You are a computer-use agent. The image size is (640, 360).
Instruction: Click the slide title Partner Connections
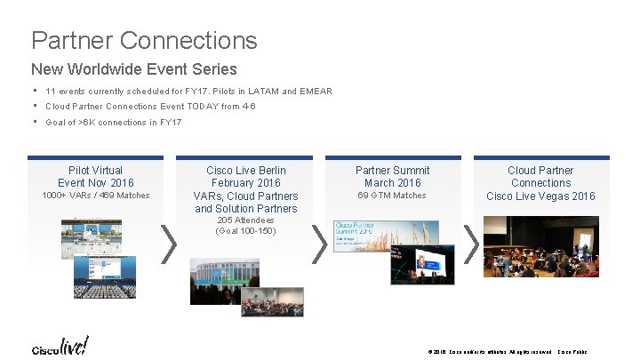coord(144,40)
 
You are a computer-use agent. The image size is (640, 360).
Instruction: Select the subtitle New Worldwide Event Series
coord(134,68)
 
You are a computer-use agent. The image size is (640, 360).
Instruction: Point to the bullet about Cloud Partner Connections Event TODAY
coord(150,106)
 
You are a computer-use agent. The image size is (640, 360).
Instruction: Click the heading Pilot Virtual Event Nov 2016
coord(96,176)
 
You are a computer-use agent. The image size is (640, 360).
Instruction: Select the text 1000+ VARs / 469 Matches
coord(96,196)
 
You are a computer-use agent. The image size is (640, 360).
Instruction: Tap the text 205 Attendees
coord(246,220)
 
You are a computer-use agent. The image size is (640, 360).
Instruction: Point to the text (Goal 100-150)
coord(246,231)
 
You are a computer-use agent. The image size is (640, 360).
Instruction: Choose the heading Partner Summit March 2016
coord(392,176)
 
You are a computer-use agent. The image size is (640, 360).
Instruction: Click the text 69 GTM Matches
coord(392,196)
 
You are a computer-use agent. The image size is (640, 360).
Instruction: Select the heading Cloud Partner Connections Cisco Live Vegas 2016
coord(540,182)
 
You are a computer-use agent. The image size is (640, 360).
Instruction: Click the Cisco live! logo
coord(60,346)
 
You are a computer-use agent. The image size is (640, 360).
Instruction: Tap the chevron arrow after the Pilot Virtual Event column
coord(167,243)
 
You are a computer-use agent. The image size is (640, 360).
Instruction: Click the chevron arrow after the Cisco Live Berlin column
coord(318,243)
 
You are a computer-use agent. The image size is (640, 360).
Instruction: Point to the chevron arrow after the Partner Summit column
coord(471,243)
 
